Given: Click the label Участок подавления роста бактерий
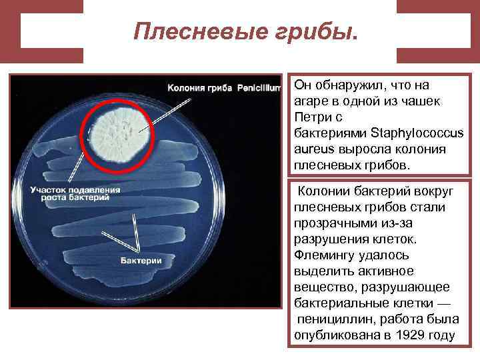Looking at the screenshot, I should pyautogui.click(x=75, y=193).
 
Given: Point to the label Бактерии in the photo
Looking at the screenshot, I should pyautogui.click(x=141, y=260).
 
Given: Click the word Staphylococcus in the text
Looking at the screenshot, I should pyautogui.click(x=417, y=134).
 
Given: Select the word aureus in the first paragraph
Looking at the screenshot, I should pyautogui.click(x=313, y=149).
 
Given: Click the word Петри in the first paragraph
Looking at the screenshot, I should pyautogui.click(x=309, y=118).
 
